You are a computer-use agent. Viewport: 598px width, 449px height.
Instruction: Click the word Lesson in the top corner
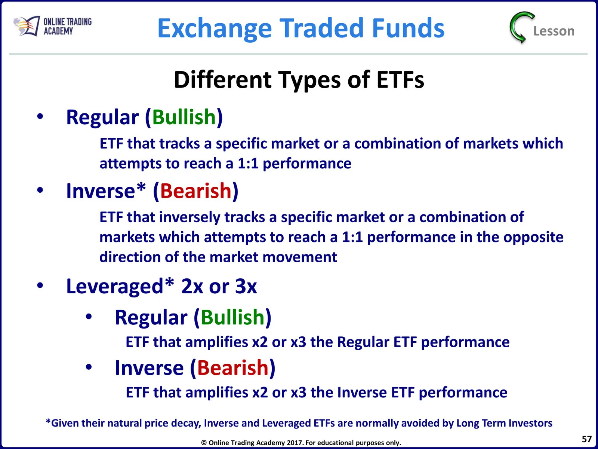[554, 31]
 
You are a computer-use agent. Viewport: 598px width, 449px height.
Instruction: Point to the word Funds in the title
[408, 28]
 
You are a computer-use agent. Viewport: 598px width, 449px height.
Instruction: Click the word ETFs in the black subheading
[400, 80]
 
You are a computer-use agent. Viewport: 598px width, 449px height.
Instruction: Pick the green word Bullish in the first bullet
[184, 117]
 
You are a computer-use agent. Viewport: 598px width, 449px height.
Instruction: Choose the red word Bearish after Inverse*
[195, 191]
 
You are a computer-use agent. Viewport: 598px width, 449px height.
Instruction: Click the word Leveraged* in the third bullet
[120, 287]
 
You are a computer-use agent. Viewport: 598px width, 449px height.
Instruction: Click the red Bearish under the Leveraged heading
[233, 368]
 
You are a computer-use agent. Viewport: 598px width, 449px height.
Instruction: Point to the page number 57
[586, 439]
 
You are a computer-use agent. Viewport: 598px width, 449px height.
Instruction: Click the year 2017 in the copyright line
[295, 443]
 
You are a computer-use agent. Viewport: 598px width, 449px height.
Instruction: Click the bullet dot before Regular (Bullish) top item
[40, 116]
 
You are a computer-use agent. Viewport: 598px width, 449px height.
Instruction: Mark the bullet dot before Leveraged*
[40, 285]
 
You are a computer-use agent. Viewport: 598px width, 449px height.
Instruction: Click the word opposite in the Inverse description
[533, 238]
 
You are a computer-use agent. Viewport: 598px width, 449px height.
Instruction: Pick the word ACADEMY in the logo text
[58, 31]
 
